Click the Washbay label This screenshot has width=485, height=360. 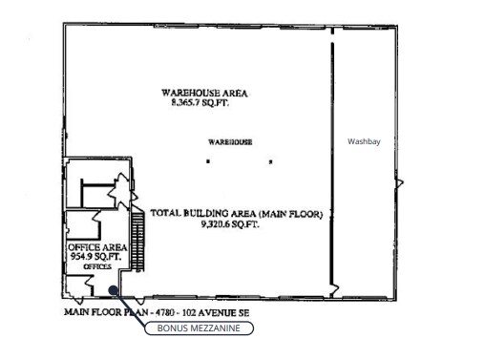[x=364, y=141]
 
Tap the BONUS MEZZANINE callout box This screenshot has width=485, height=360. [x=199, y=328]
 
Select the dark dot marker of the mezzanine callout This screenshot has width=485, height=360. [x=114, y=290]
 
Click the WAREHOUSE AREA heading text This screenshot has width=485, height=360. [x=204, y=93]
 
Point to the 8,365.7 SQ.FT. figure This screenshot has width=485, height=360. [x=200, y=102]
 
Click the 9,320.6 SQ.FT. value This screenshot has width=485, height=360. [x=230, y=224]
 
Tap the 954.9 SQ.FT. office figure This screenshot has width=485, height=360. [x=95, y=256]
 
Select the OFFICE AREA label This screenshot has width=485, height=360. [x=97, y=247]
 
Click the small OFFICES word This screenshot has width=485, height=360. [x=97, y=266]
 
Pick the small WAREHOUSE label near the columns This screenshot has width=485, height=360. [x=230, y=142]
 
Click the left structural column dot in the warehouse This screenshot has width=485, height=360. [x=208, y=161]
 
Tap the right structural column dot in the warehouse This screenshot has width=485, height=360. [x=270, y=161]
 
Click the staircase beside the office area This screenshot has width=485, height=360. [x=137, y=239]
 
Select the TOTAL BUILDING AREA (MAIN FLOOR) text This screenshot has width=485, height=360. [x=237, y=213]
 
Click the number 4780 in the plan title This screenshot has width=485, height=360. [x=164, y=313]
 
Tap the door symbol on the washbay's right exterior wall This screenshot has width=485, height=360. [x=399, y=183]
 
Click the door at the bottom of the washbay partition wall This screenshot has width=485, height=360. [x=333, y=290]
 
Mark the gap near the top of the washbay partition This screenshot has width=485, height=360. [x=332, y=38]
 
